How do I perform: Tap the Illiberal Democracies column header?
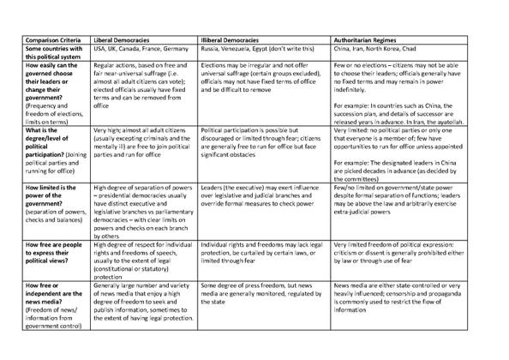tap(233, 40)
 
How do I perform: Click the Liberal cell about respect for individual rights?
tap(141, 255)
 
